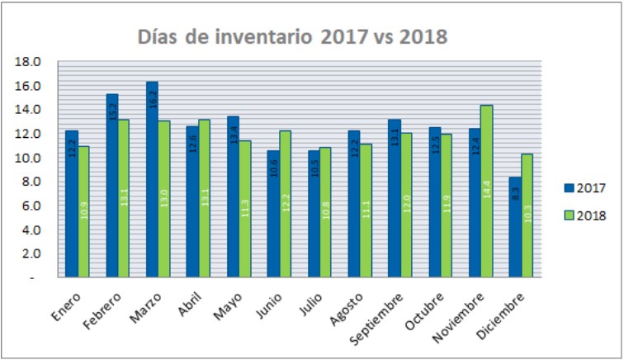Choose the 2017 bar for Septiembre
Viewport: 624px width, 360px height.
(x=394, y=198)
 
